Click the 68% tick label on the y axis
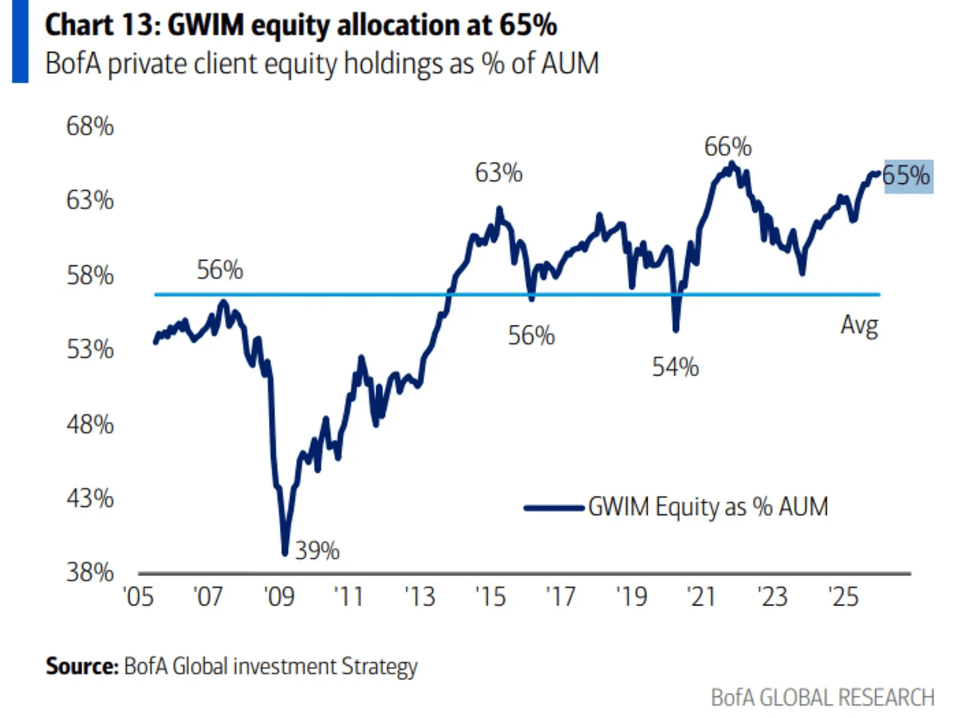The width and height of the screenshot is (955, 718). [90, 125]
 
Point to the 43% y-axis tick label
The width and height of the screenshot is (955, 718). [90, 498]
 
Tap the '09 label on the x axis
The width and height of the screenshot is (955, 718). [279, 597]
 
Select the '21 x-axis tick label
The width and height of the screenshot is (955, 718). [701, 597]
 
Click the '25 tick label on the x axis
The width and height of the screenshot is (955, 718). [842, 597]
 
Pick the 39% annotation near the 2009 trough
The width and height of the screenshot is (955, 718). [317, 550]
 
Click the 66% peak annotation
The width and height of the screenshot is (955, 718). [728, 146]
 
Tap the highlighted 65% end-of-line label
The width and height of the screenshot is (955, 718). [907, 176]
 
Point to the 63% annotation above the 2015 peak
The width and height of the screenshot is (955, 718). [499, 173]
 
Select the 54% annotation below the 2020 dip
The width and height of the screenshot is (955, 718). [675, 367]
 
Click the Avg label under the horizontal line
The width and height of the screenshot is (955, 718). [859, 325]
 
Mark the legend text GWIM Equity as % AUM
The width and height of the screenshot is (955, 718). [708, 507]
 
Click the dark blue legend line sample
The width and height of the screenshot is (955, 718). [554, 507]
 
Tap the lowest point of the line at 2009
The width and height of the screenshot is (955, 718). [285, 553]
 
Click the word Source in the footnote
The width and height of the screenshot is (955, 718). [81, 666]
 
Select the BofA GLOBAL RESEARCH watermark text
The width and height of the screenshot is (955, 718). [823, 697]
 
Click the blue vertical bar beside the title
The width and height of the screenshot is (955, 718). [20, 41]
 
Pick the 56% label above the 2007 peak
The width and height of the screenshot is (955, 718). [220, 270]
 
